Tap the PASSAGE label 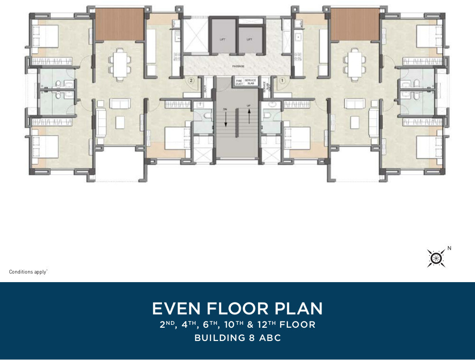(x=237, y=66)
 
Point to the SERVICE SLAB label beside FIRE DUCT (x=250, y=82)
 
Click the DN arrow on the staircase (x=226, y=117)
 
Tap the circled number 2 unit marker (x=191, y=81)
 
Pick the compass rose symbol (x=436, y=258)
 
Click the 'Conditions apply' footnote (x=28, y=272)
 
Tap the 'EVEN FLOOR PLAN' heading (x=237, y=309)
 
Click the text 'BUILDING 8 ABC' (x=237, y=338)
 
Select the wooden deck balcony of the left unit (x=120, y=24)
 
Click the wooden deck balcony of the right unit (x=355, y=24)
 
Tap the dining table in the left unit (x=120, y=63)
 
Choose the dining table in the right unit (x=355, y=63)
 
